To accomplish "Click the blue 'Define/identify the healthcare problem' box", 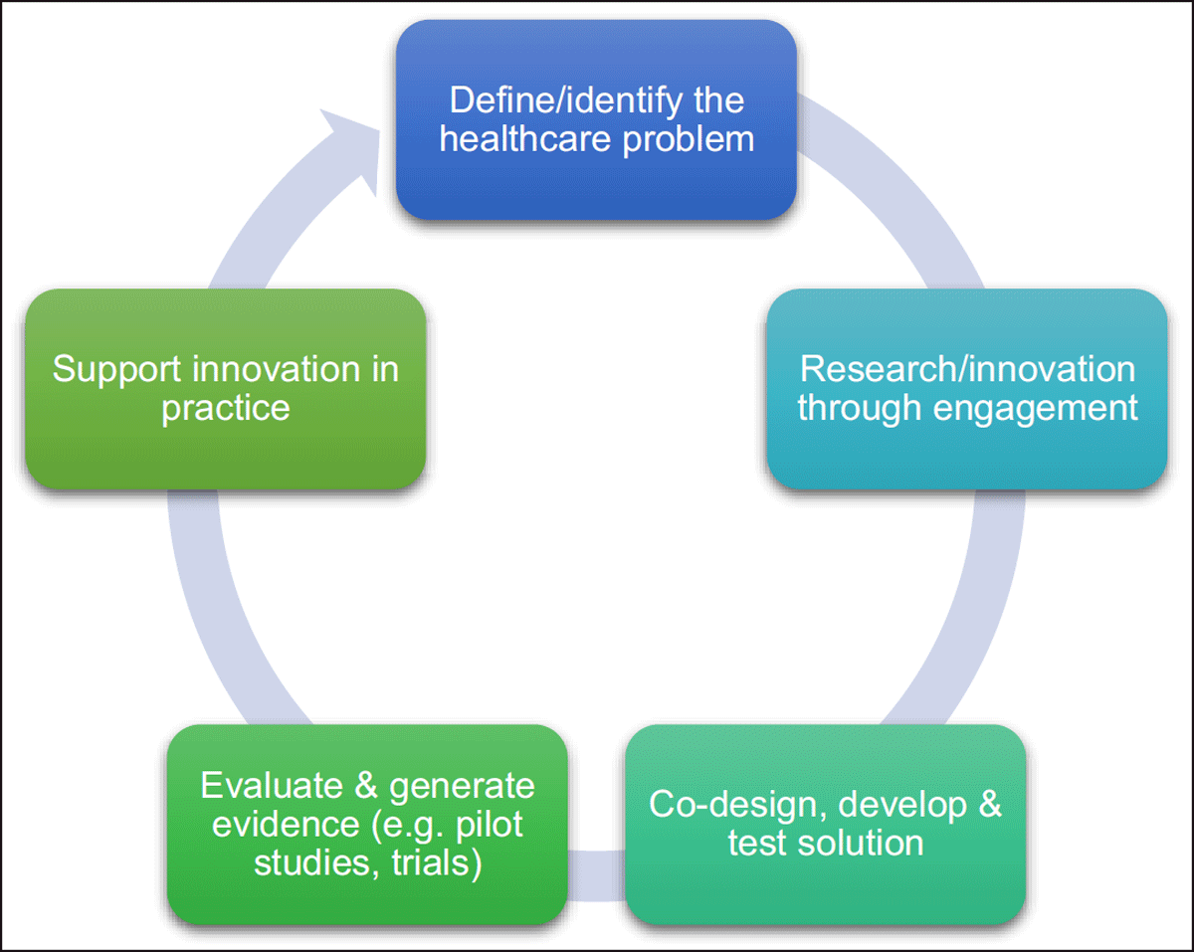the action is [x=596, y=119].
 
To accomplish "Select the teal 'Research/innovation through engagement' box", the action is [x=967, y=389].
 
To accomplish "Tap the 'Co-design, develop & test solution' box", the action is [x=826, y=825].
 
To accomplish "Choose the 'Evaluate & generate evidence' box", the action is [x=367, y=825].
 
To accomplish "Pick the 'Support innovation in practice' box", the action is [x=225, y=389].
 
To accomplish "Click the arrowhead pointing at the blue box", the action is [x=350, y=152].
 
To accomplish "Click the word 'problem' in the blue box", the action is [x=688, y=140].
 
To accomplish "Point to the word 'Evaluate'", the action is [x=272, y=785].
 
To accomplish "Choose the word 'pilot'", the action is [x=489, y=826].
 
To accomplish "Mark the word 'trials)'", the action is [x=437, y=862].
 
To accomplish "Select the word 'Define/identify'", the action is [x=565, y=101].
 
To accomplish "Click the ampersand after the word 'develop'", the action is [x=990, y=804].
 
